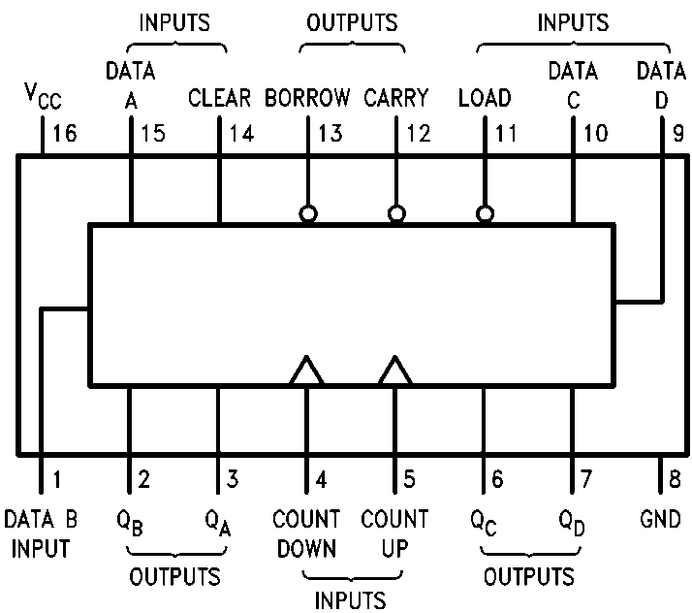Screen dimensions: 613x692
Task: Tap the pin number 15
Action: tap(153, 133)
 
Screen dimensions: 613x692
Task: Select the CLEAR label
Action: tap(220, 98)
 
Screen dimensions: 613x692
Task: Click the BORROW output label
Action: tap(308, 98)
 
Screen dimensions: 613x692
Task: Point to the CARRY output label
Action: tap(396, 98)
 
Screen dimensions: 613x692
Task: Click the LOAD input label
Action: tap(485, 98)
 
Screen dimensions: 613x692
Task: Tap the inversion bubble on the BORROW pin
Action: tap(308, 213)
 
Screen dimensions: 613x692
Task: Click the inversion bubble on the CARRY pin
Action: tap(396, 213)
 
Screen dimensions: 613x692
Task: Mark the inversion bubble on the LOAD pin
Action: tap(485, 213)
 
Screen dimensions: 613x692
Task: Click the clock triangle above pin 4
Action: tap(307, 371)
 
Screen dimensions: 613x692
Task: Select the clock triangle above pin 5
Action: tap(394, 371)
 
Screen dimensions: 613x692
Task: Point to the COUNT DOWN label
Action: tap(307, 532)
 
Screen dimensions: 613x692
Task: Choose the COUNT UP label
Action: tap(394, 532)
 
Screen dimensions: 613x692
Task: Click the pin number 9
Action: tap(677, 133)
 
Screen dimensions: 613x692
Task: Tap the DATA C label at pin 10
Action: tap(573, 83)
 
